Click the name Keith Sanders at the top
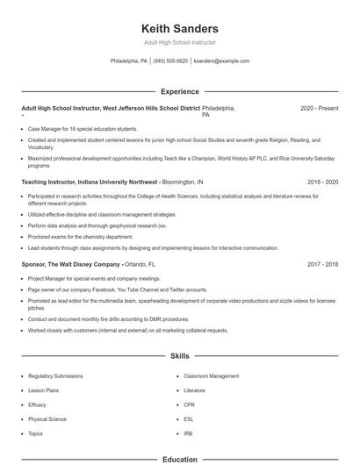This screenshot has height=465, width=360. pyautogui.click(x=179, y=29)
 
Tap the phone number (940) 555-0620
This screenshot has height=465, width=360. pyautogui.click(x=170, y=61)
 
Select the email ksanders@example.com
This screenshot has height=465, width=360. pyautogui.click(x=220, y=61)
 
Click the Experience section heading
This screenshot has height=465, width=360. pyautogui.click(x=179, y=91)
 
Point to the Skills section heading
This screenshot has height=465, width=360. pyautogui.click(x=179, y=356)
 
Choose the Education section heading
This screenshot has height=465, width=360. pyautogui.click(x=179, y=459)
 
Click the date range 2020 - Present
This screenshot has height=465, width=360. pyautogui.click(x=319, y=108)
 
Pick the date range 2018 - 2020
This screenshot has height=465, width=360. pyautogui.click(x=322, y=182)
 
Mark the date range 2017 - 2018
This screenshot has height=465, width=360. pyautogui.click(x=322, y=264)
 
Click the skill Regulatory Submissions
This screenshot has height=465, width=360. pyautogui.click(x=55, y=376)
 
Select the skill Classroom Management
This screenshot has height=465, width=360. pyautogui.click(x=211, y=376)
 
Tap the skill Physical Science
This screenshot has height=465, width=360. pyautogui.click(x=47, y=419)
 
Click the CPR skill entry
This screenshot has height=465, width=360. pyautogui.click(x=189, y=404)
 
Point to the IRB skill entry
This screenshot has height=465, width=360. pyautogui.click(x=188, y=433)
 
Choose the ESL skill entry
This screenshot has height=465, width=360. pyautogui.click(x=189, y=419)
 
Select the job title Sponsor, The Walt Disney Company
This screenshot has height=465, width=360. pyautogui.click(x=69, y=264)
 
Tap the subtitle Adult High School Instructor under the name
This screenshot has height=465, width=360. pyautogui.click(x=179, y=42)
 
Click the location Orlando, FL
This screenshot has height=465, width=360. pyautogui.click(x=140, y=264)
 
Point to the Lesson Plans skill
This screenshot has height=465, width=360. pyautogui.click(x=43, y=390)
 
